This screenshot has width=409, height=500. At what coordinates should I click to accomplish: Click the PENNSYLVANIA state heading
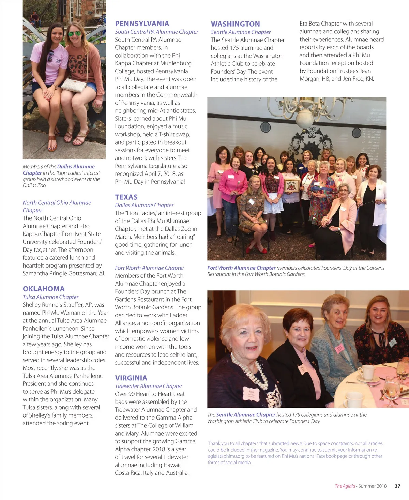click(142, 24)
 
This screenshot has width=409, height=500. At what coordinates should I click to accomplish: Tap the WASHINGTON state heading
click(235, 24)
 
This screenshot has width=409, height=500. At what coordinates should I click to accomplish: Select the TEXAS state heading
click(126, 197)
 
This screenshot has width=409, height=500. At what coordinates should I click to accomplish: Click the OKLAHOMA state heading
click(44, 289)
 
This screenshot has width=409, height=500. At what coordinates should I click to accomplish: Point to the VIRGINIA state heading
click(131, 378)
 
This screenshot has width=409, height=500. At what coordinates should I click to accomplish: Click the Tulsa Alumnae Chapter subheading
click(50, 297)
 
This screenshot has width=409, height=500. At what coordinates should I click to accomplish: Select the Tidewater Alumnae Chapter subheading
click(148, 386)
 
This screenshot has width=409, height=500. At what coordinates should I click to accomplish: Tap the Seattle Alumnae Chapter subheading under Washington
click(241, 32)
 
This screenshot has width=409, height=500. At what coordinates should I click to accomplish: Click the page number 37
click(397, 486)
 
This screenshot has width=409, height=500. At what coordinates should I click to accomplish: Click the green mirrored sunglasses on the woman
click(75, 34)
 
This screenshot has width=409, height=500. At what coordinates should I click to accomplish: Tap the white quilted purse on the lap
click(74, 85)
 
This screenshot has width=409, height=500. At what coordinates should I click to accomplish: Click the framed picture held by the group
click(292, 185)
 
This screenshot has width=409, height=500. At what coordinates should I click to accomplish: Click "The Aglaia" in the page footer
click(345, 486)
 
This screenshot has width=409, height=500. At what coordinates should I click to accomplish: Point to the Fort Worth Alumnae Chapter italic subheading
click(149, 268)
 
